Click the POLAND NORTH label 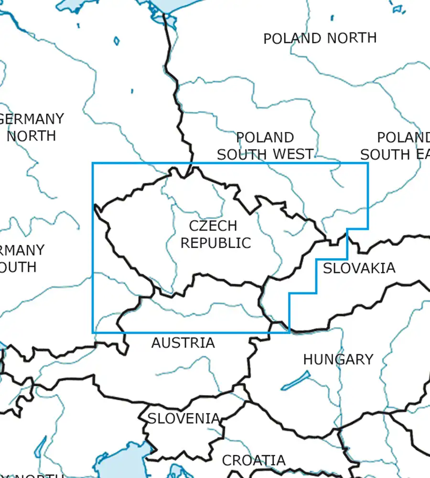(x=320, y=38)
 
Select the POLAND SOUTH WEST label (x=265, y=146)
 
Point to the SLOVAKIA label (x=359, y=268)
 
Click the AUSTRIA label (x=183, y=343)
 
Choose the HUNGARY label (x=338, y=359)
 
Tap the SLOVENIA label (x=183, y=418)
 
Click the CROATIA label (x=254, y=460)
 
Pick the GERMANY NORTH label (x=32, y=127)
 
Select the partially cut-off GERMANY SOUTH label (x=21, y=258)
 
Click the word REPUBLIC (x=215, y=243)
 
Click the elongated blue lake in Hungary (x=295, y=381)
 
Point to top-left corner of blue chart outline (x=93, y=163)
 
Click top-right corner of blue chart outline (x=368, y=163)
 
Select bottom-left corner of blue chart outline (x=93, y=333)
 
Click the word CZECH (x=213, y=226)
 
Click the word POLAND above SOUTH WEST (x=265, y=138)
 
